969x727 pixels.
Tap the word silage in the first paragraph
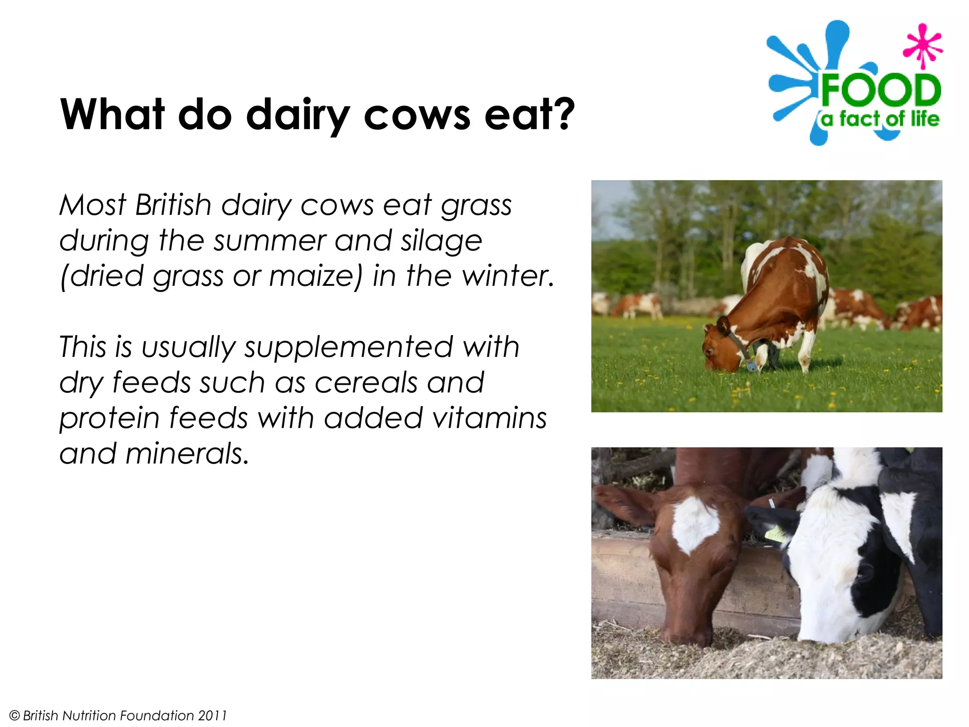point(441,241)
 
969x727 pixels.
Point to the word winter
point(507,276)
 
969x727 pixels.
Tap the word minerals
point(187,453)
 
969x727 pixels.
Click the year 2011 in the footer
point(212,715)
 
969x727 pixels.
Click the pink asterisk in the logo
point(922,46)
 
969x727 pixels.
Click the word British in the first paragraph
point(173,205)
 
